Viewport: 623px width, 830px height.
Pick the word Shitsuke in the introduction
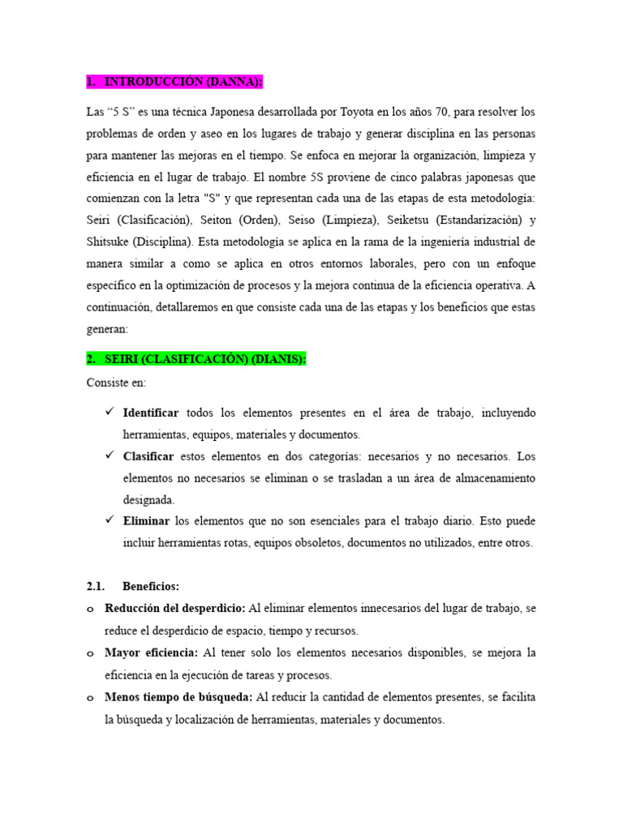coord(109,242)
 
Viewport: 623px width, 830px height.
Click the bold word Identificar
coord(151,413)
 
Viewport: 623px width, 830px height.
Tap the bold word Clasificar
coord(148,456)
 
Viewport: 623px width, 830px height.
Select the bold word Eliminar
coord(146,521)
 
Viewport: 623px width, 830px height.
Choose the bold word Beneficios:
coord(151,585)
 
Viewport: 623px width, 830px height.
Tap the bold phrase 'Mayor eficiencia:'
coord(152,652)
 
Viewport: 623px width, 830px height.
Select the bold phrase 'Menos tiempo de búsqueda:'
coord(178,697)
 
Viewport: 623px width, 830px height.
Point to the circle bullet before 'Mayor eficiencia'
coord(90,653)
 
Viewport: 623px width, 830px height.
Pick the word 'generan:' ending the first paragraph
coord(110,330)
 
